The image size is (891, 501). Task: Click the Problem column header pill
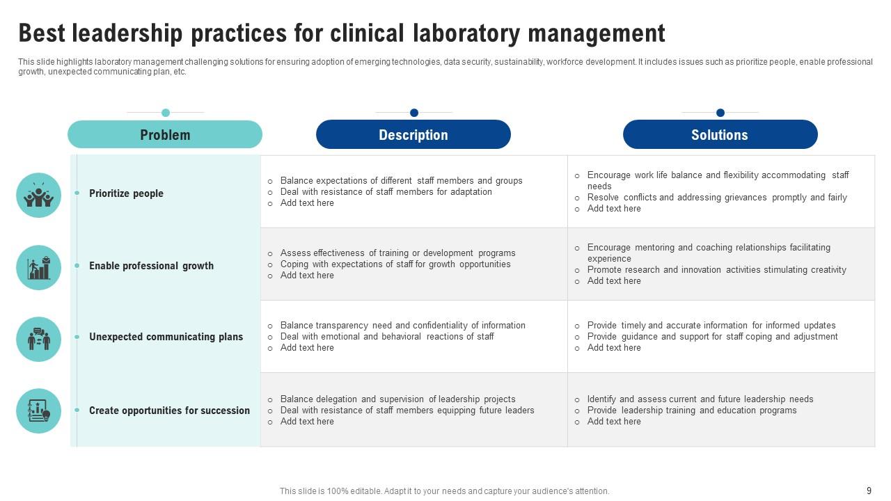[x=165, y=134]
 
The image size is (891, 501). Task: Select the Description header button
[x=413, y=134]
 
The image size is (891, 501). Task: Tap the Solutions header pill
[x=720, y=134]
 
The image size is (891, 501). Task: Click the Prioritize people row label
[x=126, y=193]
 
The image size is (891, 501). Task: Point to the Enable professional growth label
[x=151, y=266]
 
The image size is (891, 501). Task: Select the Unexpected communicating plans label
[x=166, y=337]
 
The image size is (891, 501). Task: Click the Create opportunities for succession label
[x=169, y=411]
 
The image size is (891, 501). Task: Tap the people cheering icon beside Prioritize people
[x=39, y=196]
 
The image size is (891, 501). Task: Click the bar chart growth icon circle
[x=39, y=268]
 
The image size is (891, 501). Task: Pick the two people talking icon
[x=39, y=339]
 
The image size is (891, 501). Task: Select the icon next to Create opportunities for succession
[x=39, y=411]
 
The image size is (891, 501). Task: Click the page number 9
[x=869, y=491]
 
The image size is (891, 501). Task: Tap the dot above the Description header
[x=414, y=113]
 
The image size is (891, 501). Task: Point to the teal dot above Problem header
[x=166, y=113]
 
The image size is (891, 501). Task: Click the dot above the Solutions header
[x=720, y=113]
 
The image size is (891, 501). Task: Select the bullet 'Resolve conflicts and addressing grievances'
[x=717, y=198]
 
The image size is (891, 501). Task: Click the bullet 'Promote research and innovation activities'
[x=716, y=270]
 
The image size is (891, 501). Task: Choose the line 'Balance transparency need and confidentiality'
[x=402, y=326]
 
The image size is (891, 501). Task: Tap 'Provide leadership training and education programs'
[x=692, y=411]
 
